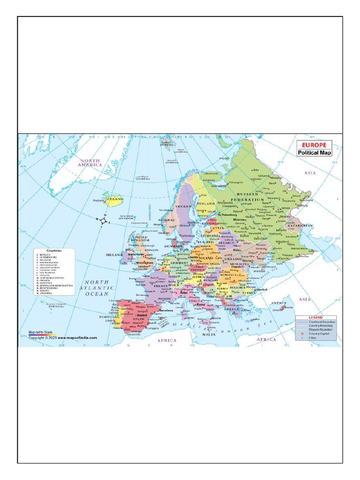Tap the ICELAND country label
(x=115, y=199)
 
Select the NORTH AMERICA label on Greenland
(x=90, y=162)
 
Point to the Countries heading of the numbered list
(x=54, y=251)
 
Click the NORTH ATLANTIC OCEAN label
(x=96, y=288)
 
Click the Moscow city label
(x=240, y=220)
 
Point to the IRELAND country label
(x=114, y=255)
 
